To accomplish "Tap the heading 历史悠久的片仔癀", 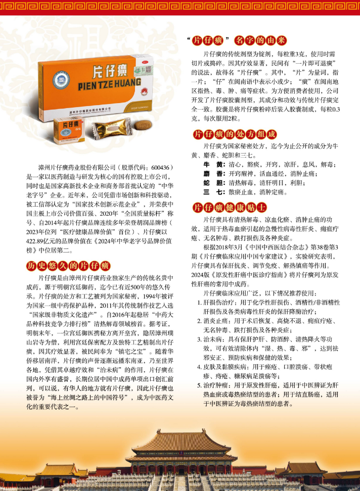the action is point(68,266).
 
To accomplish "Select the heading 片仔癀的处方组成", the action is point(235,134).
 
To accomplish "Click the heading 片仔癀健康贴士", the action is point(230,208).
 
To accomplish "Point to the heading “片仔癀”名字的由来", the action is point(237,40).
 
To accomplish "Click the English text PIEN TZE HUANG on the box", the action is point(109,84).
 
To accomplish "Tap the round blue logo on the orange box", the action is point(61,79).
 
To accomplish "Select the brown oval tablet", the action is point(143,125).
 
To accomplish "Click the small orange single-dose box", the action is point(69,130).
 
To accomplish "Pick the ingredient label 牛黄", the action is point(214,164).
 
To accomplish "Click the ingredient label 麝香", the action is point(214,173).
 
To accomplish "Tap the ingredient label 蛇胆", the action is point(214,183).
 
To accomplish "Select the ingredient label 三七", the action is point(214,192).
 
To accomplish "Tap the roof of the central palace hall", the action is point(183,442).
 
